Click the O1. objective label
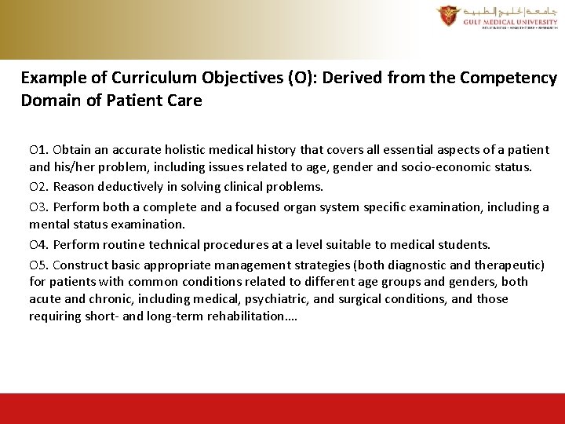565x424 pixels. [x=39, y=149]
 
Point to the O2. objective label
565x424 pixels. [x=39, y=187]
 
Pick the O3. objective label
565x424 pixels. [x=39, y=207]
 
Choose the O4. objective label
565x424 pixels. [x=39, y=245]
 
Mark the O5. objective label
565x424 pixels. [x=39, y=265]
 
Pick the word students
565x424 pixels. [x=463, y=245]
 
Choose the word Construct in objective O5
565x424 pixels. [x=82, y=265]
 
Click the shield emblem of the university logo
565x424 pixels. [x=448, y=15]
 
